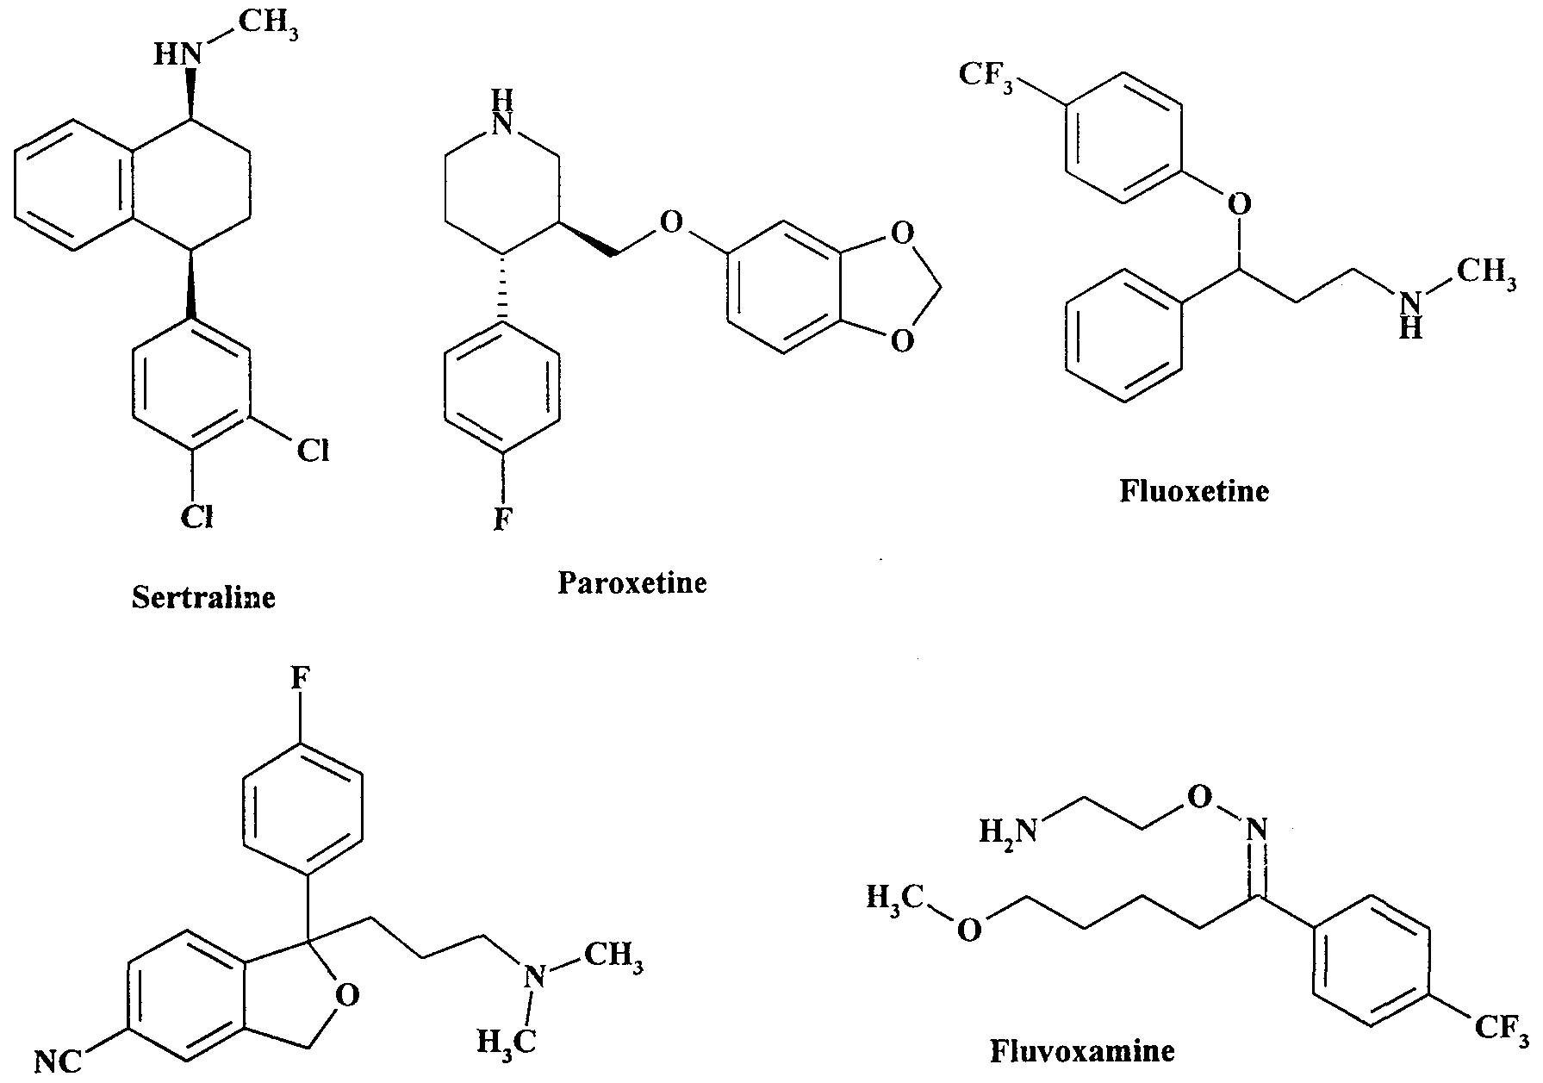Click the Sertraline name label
pos(204,597)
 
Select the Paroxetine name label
pos(632,582)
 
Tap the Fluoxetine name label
pos(1194,491)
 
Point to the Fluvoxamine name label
pos(1082,1051)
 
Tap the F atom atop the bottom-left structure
pos(299,678)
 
